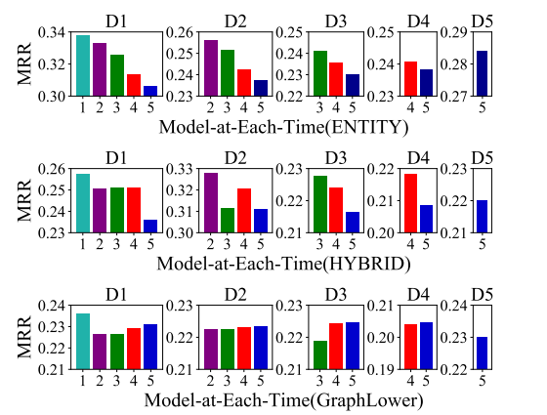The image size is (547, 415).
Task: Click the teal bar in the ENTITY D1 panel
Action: pos(83,65)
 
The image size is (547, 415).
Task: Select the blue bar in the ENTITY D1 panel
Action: pos(150,91)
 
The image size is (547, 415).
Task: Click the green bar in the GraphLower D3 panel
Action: pos(320,355)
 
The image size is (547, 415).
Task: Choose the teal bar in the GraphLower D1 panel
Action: pos(83,342)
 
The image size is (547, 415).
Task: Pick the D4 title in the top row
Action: pos(418,20)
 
